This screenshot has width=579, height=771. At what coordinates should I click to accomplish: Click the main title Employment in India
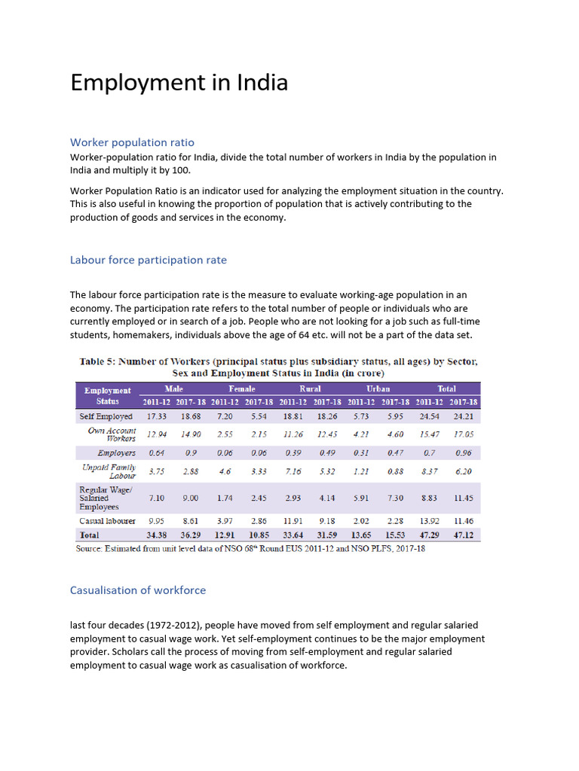click(179, 82)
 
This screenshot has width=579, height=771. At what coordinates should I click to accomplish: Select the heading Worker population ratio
click(132, 142)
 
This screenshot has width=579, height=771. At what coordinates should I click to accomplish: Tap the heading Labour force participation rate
click(148, 260)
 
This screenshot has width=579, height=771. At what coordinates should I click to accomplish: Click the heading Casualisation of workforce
click(137, 590)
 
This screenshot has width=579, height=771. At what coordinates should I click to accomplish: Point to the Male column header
click(174, 389)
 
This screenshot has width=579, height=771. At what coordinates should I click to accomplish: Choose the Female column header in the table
click(242, 389)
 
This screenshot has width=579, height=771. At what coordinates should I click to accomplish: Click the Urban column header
click(378, 389)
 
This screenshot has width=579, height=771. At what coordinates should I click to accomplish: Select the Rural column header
click(310, 389)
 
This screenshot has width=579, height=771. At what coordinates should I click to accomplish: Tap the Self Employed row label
click(106, 416)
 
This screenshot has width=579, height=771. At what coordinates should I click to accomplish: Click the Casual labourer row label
click(107, 520)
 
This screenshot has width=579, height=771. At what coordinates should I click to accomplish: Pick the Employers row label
click(116, 453)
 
